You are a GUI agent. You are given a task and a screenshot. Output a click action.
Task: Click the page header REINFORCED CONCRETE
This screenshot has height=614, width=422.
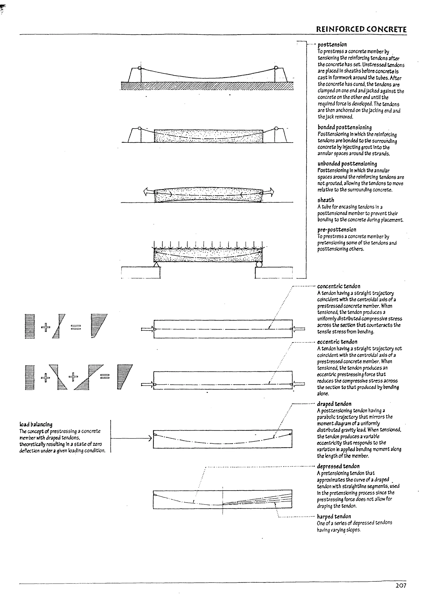(361, 29)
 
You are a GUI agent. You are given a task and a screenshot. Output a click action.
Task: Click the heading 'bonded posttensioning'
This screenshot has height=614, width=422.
(344, 127)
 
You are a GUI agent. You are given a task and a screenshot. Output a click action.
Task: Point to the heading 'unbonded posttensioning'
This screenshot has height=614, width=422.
(347, 164)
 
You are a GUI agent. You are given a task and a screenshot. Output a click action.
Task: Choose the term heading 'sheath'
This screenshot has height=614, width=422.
(326, 200)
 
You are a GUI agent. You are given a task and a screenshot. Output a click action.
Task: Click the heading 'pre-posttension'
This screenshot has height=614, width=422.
(337, 230)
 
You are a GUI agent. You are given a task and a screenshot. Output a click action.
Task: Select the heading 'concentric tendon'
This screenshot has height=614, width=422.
(339, 286)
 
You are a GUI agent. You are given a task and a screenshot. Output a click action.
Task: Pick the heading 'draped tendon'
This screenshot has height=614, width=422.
(334, 404)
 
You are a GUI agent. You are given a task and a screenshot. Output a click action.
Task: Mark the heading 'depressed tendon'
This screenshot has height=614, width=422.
(338, 466)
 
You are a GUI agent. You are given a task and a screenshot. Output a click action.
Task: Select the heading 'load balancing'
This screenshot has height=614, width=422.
(36, 424)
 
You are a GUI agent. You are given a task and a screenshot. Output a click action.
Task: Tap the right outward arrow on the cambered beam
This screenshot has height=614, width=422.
(269, 191)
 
